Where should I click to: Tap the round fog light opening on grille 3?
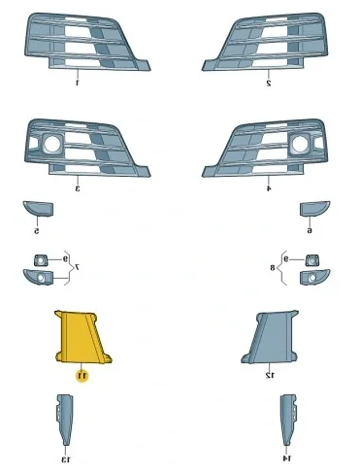coord(49,145)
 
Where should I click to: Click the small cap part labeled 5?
coord(37,209)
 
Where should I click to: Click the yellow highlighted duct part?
coord(82,336)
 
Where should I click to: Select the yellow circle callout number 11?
coord(82,374)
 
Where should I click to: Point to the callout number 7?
coord(78,265)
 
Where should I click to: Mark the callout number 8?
coord(274,265)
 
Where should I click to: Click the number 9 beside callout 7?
coord(65,259)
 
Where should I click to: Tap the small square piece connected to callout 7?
coord(41,259)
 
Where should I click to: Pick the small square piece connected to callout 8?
coord(311,259)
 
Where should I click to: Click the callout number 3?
coord(78,187)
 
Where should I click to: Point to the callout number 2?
coord(268,84)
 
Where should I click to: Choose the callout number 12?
coord(270,374)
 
